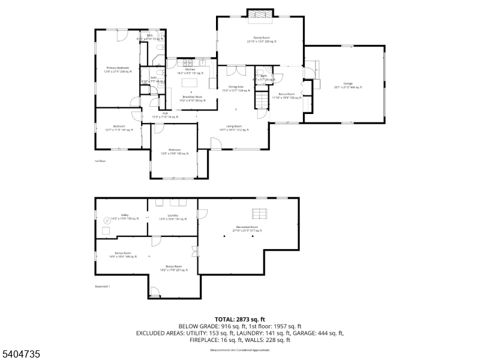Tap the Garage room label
[348, 85]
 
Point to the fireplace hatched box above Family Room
[260, 16]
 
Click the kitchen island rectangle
[190, 82]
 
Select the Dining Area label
[235, 89]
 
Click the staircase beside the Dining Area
[260, 97]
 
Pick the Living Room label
[234, 128]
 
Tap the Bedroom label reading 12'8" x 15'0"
[174, 151]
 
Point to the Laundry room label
[172, 217]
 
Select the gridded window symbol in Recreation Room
[259, 214]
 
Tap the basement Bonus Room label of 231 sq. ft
[174, 268]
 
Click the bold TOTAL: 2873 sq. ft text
[240, 319]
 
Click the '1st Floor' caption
[100, 161]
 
